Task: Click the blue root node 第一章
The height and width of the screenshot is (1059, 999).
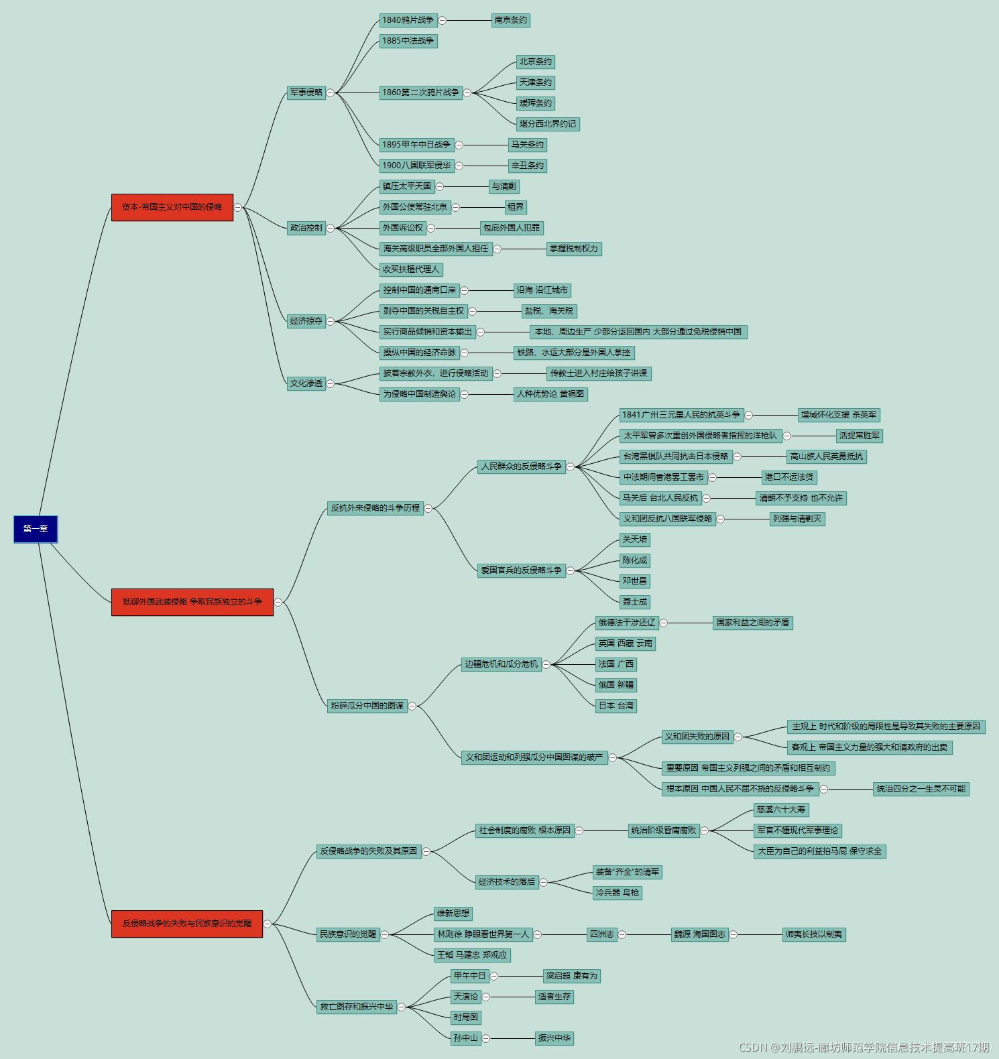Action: [36, 529]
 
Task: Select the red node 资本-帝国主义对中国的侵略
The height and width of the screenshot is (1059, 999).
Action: [172, 207]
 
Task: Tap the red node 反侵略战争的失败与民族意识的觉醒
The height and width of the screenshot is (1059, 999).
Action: [186, 924]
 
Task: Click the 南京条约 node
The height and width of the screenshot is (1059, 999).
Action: [510, 20]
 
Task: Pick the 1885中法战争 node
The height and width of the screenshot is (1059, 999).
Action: [408, 41]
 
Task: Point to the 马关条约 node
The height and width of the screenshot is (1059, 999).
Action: [527, 145]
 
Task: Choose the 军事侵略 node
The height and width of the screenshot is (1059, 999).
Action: [306, 92]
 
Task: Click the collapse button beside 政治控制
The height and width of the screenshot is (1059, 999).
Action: [330, 228]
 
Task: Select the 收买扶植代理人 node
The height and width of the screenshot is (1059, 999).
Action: [411, 269]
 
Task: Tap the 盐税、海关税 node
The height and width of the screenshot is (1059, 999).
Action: [548, 311]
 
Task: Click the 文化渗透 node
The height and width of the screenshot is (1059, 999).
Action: [306, 383]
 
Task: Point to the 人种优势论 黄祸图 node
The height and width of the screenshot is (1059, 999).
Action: [550, 394]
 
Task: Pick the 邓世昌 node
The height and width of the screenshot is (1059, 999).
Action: [634, 581]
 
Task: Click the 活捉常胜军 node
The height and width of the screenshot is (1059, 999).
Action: [859, 436]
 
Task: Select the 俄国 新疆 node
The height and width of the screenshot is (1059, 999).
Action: [615, 685]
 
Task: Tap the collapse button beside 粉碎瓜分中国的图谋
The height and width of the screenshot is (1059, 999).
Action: [412, 706]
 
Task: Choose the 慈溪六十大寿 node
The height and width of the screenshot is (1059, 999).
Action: [780, 810]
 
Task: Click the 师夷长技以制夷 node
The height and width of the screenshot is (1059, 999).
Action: [813, 934]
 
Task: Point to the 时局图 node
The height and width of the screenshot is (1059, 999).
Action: [465, 1017]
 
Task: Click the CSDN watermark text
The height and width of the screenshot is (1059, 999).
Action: [864, 1047]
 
